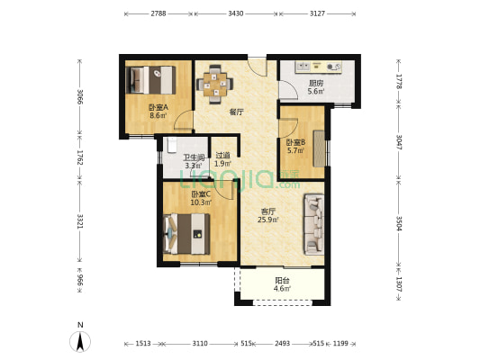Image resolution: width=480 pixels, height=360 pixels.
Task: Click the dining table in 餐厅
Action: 215,84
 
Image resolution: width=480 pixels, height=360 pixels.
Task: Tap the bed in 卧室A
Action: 150,80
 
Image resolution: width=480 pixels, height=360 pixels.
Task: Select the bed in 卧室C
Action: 186,234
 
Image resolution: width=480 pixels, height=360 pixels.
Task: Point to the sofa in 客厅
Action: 313,224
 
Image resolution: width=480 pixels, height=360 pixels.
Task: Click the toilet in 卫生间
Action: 172,145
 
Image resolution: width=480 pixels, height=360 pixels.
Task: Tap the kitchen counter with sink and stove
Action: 319,67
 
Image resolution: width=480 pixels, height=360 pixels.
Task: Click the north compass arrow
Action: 80,341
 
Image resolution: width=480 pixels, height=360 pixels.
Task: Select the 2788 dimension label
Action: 158,13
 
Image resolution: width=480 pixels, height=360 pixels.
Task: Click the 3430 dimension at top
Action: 236,13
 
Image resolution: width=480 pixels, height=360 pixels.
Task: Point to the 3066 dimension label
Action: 79,96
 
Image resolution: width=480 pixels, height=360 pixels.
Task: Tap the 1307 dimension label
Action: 399,284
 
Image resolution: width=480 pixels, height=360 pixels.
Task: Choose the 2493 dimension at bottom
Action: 282,344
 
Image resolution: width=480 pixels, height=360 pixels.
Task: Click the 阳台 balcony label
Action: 282,280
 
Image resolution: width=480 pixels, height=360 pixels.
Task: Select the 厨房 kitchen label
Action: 316,83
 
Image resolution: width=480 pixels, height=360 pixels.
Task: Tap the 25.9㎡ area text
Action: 268,220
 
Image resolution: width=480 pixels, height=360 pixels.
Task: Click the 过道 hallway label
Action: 222,156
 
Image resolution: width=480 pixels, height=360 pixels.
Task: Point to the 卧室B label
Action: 295,142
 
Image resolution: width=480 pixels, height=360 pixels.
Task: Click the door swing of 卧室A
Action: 182,120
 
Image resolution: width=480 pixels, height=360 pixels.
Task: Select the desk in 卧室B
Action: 319,148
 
